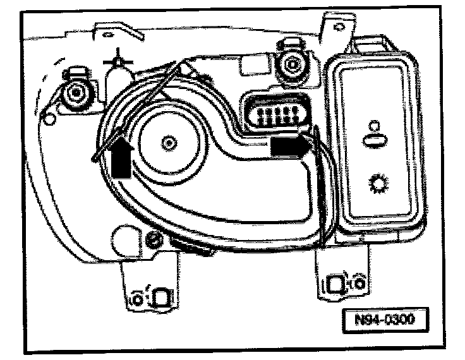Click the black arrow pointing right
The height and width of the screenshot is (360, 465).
(290, 146)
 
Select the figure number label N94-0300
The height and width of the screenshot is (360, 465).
(383, 319)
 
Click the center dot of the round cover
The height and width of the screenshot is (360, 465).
(167, 143)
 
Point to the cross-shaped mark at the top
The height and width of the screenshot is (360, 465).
(116, 61)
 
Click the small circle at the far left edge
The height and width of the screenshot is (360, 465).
(46, 116)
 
